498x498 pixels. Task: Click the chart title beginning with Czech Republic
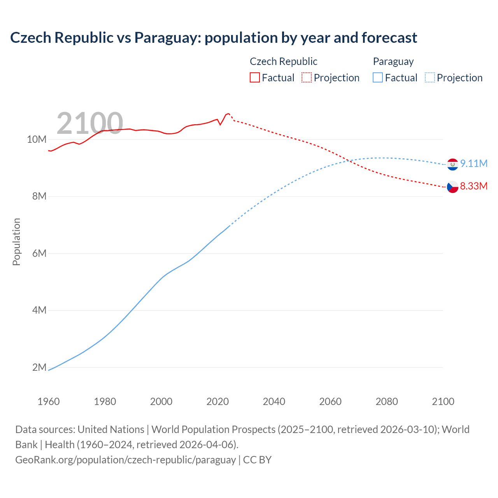(214, 38)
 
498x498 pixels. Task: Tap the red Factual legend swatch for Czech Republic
(254, 77)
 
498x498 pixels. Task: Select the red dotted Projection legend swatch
(307, 77)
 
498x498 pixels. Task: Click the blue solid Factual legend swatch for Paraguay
(378, 77)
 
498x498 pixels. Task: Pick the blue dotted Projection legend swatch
(430, 77)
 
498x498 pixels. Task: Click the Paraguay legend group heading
(393, 61)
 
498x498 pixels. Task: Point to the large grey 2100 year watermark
(90, 123)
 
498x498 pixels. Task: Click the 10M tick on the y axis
(37, 139)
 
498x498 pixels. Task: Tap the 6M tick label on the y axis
(39, 253)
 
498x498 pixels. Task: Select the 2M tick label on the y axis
(39, 367)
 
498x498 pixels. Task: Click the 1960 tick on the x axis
(49, 401)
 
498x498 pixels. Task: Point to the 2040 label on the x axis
(274, 401)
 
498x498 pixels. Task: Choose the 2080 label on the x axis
(387, 401)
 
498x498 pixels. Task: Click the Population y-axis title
(16, 242)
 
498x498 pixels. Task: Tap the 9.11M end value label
(473, 163)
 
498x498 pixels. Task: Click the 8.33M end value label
(473, 186)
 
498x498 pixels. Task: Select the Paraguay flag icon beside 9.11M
(452, 164)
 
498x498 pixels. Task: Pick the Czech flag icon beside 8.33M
(452, 187)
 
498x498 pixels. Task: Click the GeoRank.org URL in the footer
(126, 459)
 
